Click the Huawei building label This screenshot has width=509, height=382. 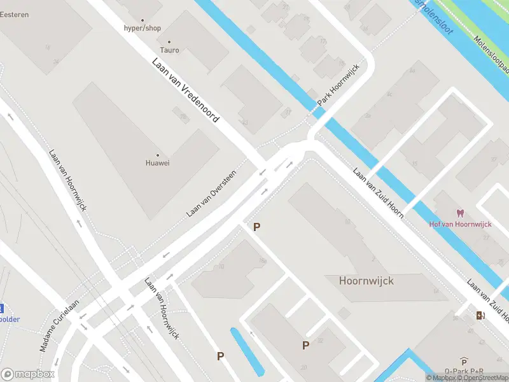tap(158, 163)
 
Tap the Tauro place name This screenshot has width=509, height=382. tap(169, 50)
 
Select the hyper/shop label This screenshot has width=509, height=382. tap(143, 29)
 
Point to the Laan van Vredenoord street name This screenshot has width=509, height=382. tap(185, 90)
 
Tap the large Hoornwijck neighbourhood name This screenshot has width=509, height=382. tap(366, 280)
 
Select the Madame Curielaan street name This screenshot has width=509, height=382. tap(59, 325)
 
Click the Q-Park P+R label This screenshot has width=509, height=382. tap(464, 371)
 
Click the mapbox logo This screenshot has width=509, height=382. tap(29, 374)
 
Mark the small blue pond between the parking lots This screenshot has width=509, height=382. tap(247, 350)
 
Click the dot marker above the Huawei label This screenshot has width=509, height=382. tap(158, 155)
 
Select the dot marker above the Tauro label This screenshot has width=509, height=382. tap(169, 42)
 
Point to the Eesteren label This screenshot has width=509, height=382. tap(14, 15)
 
